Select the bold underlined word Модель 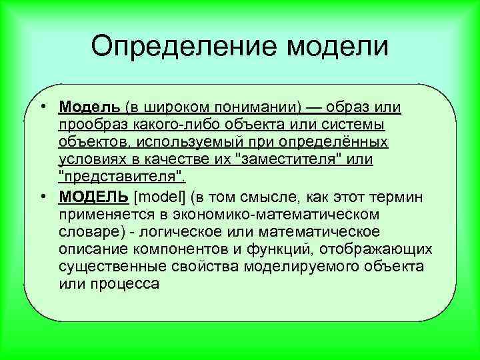(x=89, y=107)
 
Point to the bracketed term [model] (x=161, y=197)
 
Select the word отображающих (x=377, y=249)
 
